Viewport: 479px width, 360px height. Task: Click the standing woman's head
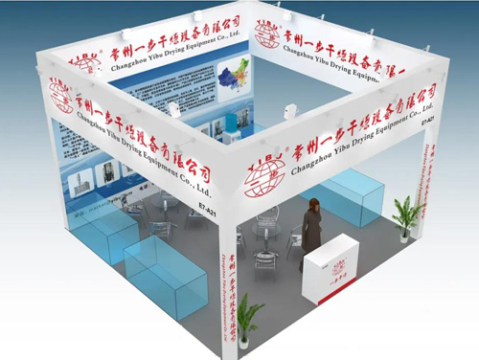[x=311, y=205]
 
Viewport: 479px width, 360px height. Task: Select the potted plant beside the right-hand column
[x=406, y=216]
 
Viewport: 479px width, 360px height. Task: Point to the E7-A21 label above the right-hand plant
[x=428, y=120]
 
